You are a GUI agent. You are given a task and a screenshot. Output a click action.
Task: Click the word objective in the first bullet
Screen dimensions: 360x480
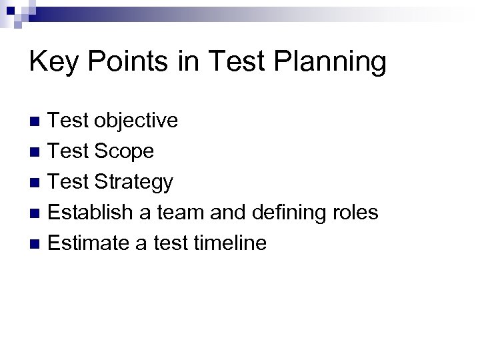click(136, 121)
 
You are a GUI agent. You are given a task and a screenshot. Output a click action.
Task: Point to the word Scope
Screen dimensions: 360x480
click(124, 151)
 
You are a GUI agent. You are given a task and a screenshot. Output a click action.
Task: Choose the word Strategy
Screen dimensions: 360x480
click(134, 182)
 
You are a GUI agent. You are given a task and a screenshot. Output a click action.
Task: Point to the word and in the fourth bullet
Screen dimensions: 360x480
click(229, 213)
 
